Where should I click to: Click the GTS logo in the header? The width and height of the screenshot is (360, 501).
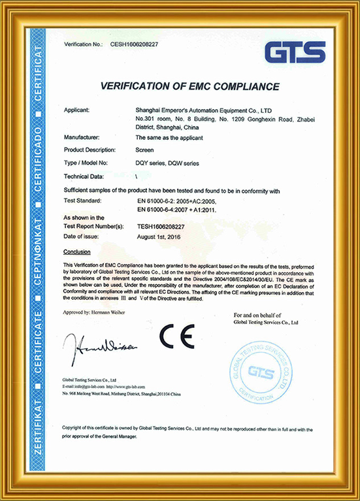point(296,51)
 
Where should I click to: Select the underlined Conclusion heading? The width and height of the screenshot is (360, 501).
point(77,251)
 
